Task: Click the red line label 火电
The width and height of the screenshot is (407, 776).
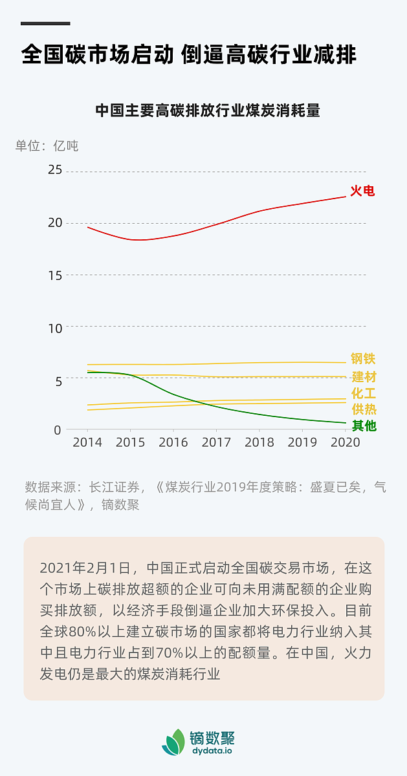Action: tap(362, 191)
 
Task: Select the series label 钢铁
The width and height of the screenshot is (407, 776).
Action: tap(363, 359)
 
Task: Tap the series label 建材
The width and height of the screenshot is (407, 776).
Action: tap(363, 377)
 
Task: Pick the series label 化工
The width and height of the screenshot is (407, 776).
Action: tap(363, 393)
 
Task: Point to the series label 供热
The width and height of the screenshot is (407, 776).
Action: tap(363, 409)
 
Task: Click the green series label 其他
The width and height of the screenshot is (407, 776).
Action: tap(363, 426)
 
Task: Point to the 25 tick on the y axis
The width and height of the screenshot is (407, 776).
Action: tap(55, 170)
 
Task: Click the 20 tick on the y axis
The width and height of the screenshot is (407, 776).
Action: tap(55, 222)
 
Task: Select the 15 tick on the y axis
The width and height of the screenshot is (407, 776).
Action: tap(55, 275)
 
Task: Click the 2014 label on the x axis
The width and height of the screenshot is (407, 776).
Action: tap(87, 443)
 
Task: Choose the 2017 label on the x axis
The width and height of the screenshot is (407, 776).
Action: tap(216, 443)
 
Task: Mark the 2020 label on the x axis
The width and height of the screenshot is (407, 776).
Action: tap(345, 443)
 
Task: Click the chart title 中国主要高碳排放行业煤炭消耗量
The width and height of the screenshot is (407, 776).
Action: tap(208, 111)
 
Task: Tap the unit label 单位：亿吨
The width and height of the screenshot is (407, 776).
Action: tap(47, 145)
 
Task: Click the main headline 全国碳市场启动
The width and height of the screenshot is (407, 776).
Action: tap(97, 54)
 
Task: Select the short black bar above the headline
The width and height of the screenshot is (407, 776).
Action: tap(45, 23)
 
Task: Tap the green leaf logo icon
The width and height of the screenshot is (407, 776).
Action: tap(173, 742)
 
